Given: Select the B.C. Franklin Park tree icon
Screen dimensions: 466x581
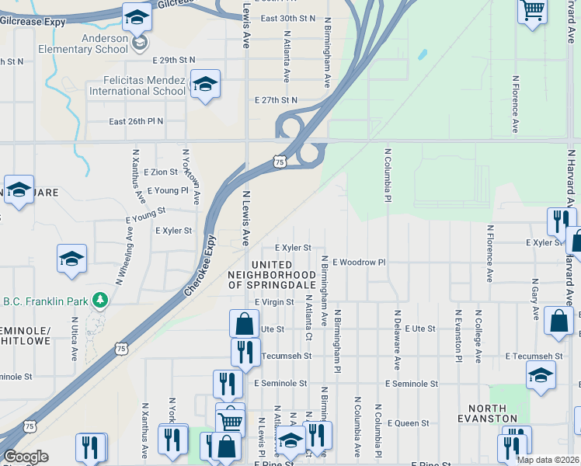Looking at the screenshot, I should [x=99, y=300].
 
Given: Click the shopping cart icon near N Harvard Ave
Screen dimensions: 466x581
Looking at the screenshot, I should [x=532, y=11].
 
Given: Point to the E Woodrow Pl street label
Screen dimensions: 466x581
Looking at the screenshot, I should [x=359, y=263].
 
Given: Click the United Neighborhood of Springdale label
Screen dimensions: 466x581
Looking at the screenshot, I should [x=271, y=275].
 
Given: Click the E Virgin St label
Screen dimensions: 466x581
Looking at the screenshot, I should [x=273, y=302].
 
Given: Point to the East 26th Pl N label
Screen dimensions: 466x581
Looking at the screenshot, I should [x=136, y=122].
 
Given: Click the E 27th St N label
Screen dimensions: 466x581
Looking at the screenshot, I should [x=276, y=100].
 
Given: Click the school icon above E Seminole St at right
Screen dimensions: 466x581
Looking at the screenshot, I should [x=541, y=376].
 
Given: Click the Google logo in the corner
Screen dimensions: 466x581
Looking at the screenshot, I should [x=25, y=457].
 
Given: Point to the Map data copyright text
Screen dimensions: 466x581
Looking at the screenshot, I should [x=547, y=460].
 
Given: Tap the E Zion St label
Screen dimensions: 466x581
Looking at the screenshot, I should [x=161, y=172].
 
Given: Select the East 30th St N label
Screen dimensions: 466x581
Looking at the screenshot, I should [x=288, y=18].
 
